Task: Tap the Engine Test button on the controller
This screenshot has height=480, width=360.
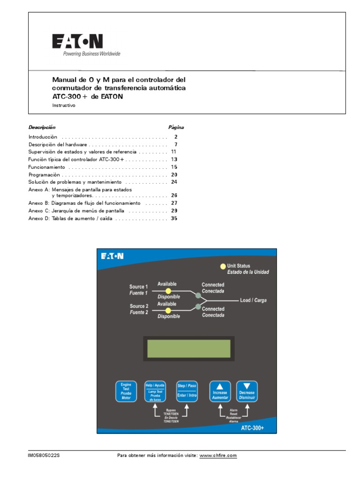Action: (x=126, y=391)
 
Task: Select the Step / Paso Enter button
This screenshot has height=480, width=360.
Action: (x=187, y=391)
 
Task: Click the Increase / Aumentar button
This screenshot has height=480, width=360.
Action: (x=220, y=391)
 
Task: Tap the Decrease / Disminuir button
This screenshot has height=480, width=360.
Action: (x=247, y=391)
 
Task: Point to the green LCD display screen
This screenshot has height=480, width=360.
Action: (x=188, y=348)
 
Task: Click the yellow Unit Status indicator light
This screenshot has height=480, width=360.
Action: (x=223, y=267)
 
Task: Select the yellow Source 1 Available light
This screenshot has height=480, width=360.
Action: (x=168, y=291)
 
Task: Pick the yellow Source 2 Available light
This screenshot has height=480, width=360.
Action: (x=168, y=310)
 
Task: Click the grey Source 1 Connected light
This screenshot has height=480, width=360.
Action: (x=198, y=295)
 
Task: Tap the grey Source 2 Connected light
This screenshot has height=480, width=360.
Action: (x=198, y=307)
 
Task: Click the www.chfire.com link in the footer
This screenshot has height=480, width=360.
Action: (x=218, y=456)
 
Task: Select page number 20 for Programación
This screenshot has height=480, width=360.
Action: (x=174, y=174)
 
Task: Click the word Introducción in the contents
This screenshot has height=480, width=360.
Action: (x=43, y=137)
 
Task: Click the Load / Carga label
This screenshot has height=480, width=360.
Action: (x=253, y=300)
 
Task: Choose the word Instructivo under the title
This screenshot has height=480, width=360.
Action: (x=63, y=105)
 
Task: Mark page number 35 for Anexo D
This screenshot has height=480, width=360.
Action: (x=174, y=218)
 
